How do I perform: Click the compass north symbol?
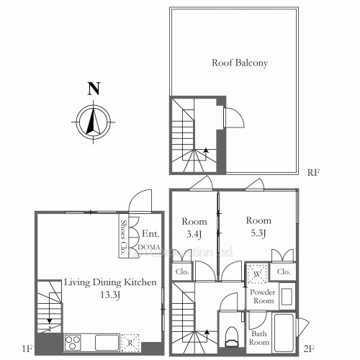coord(91,120)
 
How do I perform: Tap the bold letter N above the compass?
coord(92,90)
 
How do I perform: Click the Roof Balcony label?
coord(239,63)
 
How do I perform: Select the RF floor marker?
coord(312,174)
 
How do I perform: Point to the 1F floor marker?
coord(27,349)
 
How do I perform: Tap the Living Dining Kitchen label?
coord(100,283)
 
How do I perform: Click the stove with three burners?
coord(73,341)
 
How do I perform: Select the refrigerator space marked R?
coord(130,341)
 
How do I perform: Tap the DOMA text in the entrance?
coord(149,246)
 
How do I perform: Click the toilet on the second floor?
coord(232,335)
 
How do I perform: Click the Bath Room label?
coord(258,336)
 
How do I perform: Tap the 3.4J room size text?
coord(194,233)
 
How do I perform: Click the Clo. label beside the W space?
coord(283,272)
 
